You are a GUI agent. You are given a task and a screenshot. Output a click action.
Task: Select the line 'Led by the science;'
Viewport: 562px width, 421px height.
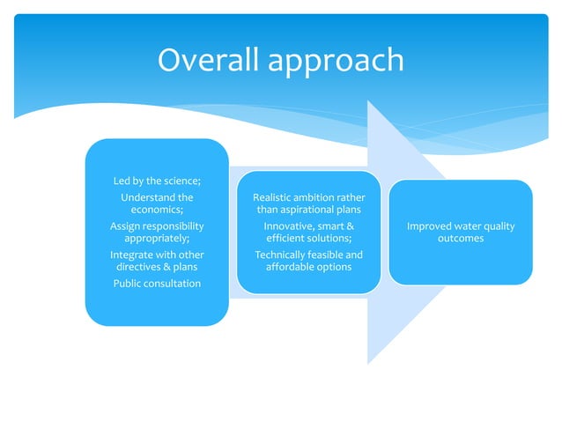coord(157,181)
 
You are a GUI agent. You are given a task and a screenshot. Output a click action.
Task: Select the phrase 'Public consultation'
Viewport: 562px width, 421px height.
coord(157,283)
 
